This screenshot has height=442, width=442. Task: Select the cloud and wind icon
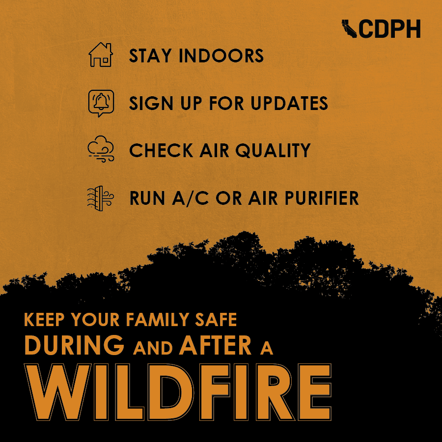point(101,149)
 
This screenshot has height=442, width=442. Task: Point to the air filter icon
point(100,198)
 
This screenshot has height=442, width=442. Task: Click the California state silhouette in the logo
point(349,29)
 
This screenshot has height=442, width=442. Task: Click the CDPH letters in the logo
point(389,29)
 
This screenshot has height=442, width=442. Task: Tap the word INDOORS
point(221,55)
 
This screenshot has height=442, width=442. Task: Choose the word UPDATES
point(289,103)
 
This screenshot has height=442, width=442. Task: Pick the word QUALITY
point(273,150)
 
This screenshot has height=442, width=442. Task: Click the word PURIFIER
point(322,198)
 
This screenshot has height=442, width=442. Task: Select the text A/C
point(190,198)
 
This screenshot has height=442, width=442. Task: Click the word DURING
point(75,345)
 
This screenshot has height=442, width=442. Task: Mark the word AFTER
point(215,345)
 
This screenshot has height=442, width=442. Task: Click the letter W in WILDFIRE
point(58,392)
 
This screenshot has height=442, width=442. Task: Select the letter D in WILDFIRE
point(169,392)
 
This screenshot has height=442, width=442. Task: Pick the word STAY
point(150,55)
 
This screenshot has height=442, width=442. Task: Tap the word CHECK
point(161,150)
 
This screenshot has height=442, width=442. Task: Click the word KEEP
point(44,319)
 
